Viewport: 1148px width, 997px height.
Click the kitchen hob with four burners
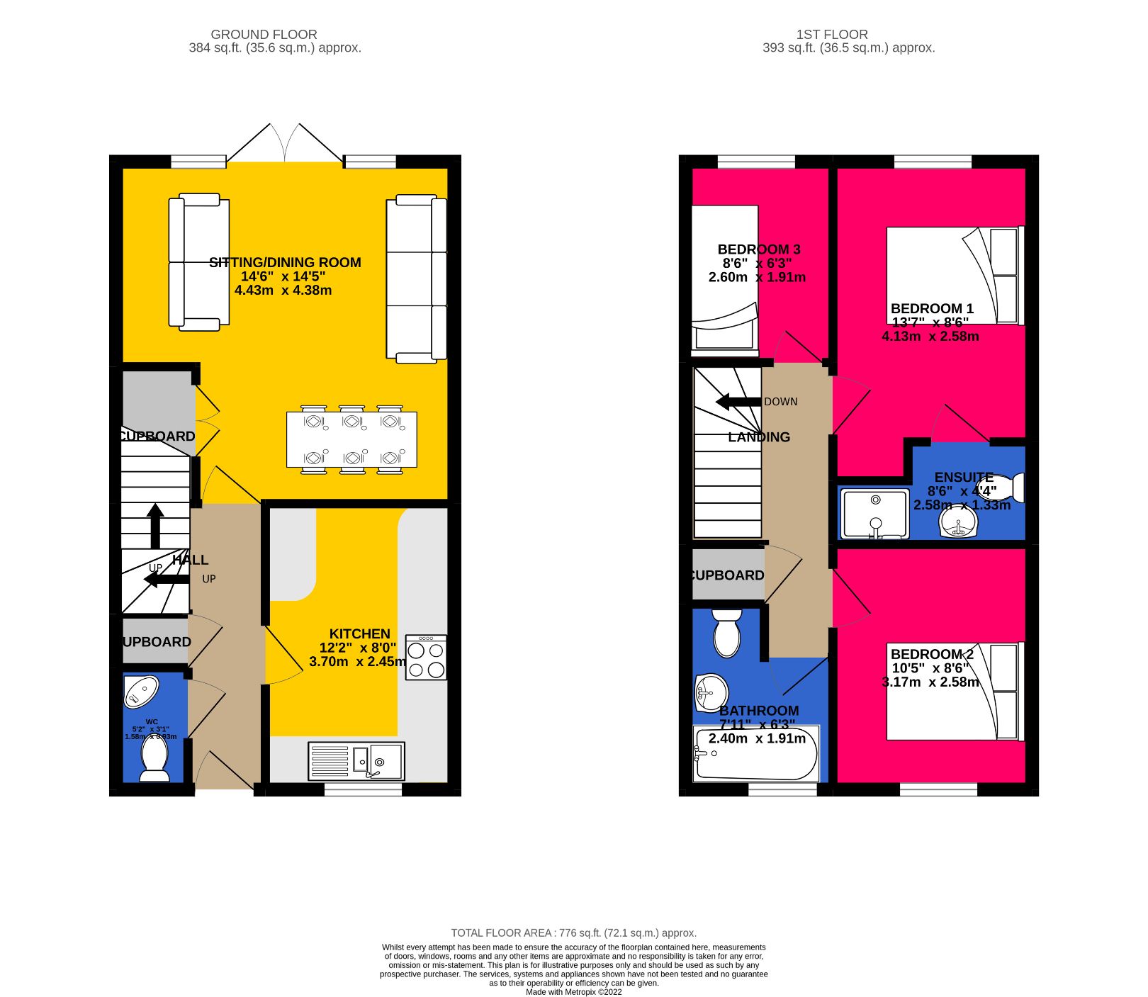tap(426, 658)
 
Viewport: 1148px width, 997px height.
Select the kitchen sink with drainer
tap(356, 761)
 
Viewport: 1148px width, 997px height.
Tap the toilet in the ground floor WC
tap(154, 757)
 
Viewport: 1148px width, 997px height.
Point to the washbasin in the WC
tap(141, 691)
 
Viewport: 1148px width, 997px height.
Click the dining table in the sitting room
tap(351, 439)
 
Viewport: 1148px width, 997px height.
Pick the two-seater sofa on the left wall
tap(198, 262)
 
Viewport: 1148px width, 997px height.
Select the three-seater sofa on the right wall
tap(417, 278)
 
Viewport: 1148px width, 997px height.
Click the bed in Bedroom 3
tap(724, 280)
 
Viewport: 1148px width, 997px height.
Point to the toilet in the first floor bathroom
tap(727, 633)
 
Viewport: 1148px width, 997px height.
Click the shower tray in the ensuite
tap(874, 514)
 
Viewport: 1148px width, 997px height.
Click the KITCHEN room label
tap(359, 634)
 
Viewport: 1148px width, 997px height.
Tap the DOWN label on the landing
tap(780, 402)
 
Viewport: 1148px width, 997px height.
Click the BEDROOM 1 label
tap(932, 309)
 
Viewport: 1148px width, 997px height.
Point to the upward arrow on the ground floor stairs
tap(155, 524)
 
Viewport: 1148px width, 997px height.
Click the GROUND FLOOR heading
tap(264, 34)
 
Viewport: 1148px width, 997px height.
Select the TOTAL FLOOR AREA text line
tap(573, 933)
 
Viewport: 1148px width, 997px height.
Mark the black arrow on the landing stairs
tap(738, 402)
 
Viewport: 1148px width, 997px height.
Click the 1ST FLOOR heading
tap(831, 34)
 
